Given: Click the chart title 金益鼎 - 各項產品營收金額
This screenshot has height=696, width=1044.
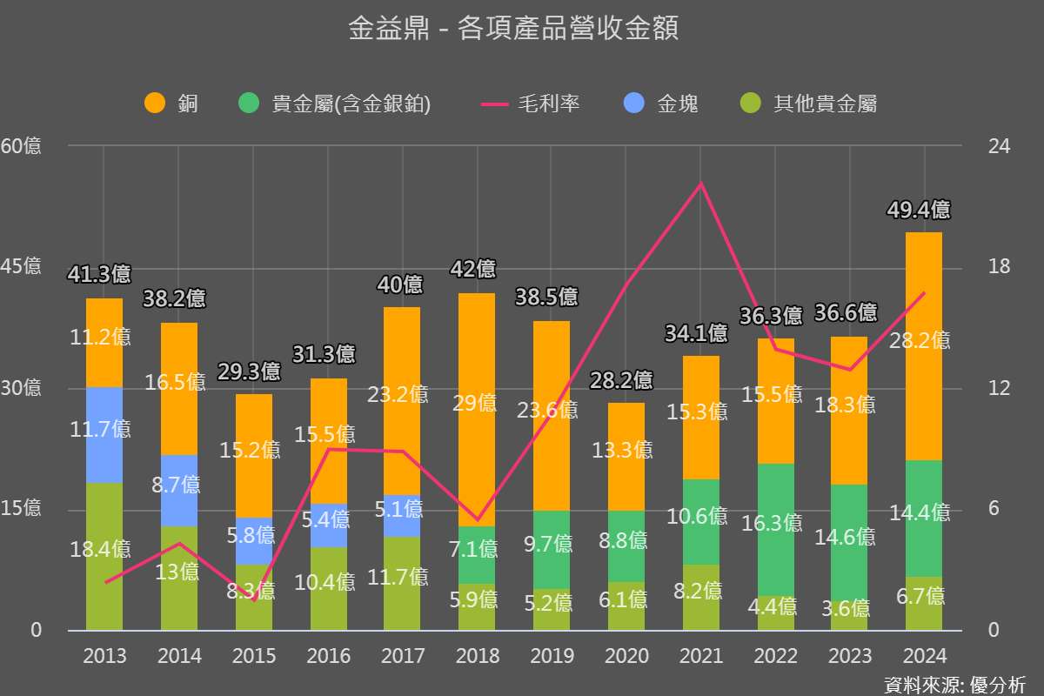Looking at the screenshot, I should pyautogui.click(x=512, y=30).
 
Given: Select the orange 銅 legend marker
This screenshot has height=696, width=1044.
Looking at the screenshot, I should pyautogui.click(x=155, y=104).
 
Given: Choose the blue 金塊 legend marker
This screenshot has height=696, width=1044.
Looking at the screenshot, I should pyautogui.click(x=634, y=104).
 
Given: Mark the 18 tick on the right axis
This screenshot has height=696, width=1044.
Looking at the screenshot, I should pyautogui.click(x=1000, y=267).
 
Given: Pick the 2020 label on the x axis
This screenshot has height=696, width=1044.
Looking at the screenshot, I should pyautogui.click(x=626, y=656).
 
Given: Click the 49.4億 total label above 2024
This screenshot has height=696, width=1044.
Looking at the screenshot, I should pyautogui.click(x=919, y=210).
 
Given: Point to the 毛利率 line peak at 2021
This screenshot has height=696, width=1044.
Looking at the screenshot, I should pyautogui.click(x=700, y=184).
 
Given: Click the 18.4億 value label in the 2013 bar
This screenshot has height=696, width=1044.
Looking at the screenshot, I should pyautogui.click(x=101, y=549).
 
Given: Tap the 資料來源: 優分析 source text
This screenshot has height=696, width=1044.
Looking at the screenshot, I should pyautogui.click(x=954, y=684).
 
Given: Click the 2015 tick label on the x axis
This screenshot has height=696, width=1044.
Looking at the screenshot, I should pyautogui.click(x=254, y=656).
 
